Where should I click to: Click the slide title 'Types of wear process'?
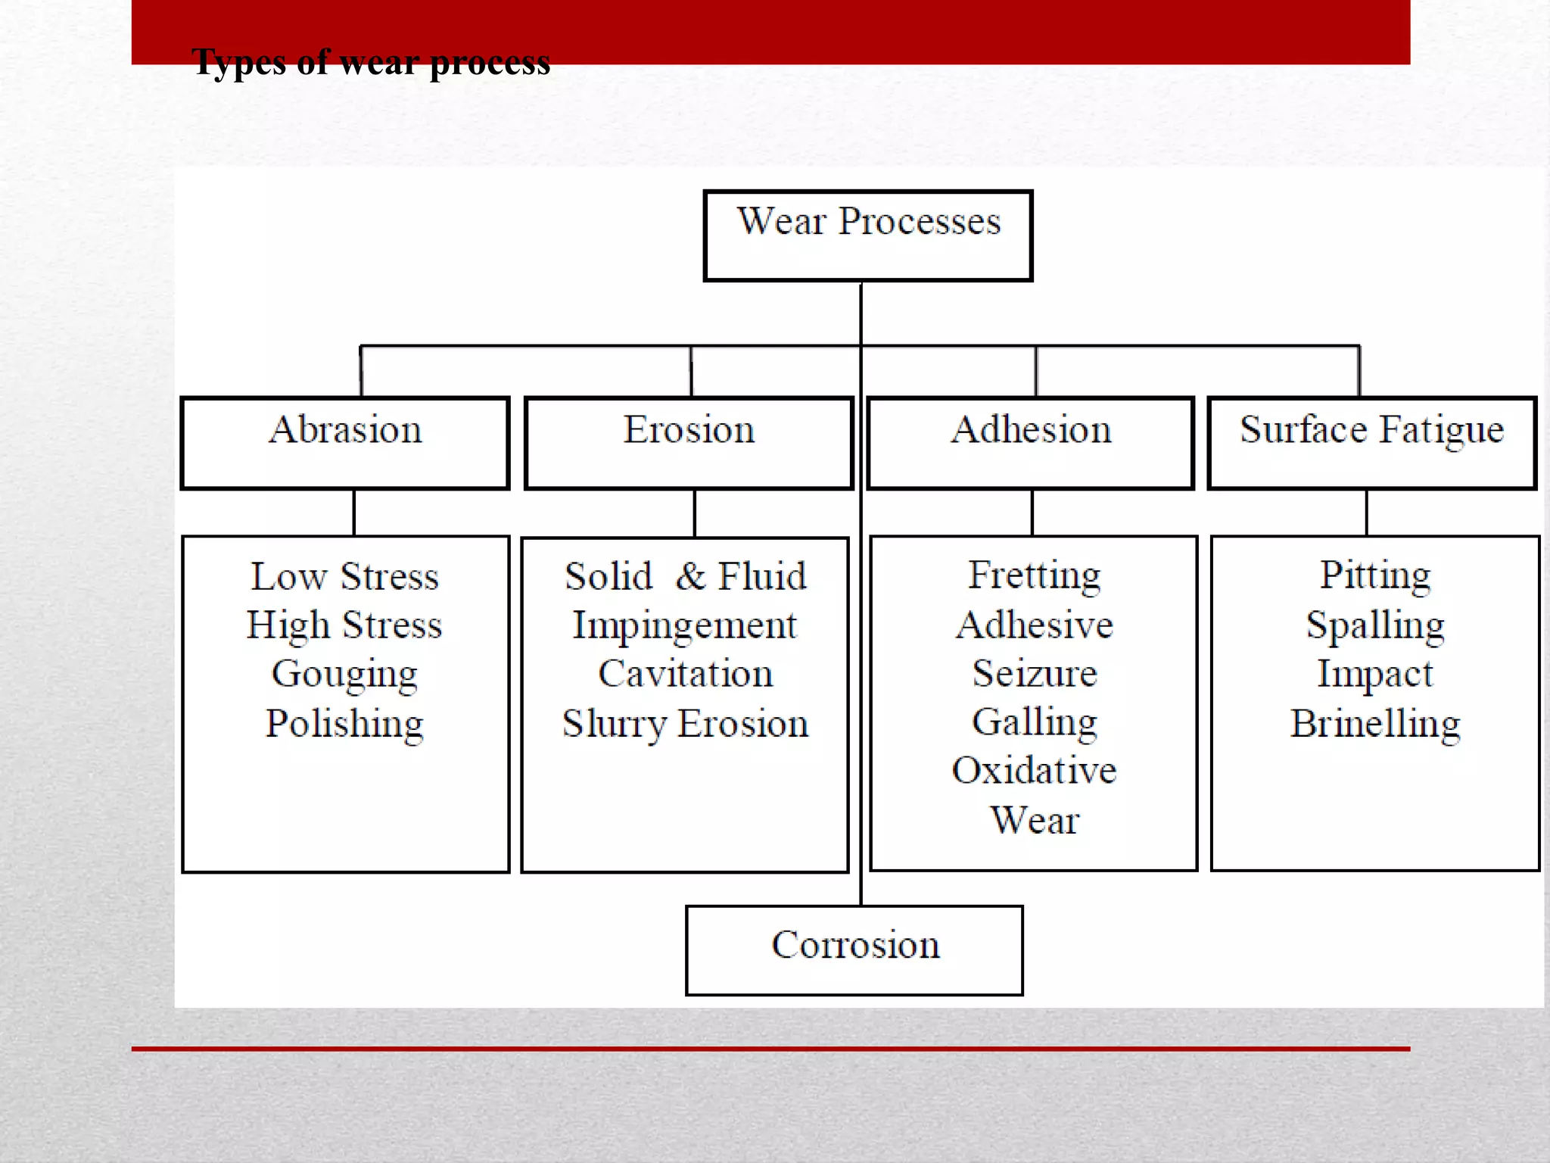pos(371,62)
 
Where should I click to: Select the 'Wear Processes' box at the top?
pos(868,235)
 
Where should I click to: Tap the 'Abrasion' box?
pos(345,443)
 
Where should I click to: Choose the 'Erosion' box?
pos(689,443)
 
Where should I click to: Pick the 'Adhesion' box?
pos(1031,443)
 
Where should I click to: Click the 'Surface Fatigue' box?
pos(1372,443)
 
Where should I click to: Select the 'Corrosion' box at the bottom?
pos(854,950)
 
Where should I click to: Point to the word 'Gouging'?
pos(344,675)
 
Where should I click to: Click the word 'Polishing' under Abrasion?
pos(344,724)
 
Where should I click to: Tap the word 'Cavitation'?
pos(686,674)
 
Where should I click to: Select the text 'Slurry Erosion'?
pos(686,724)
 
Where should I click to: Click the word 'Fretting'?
pos(1035,575)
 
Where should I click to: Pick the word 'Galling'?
pos(1035,722)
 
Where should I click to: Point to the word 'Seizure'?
pos(1035,673)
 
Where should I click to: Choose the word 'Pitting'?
pos(1375,575)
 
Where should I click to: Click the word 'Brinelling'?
pos(1375,724)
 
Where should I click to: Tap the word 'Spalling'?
pos(1375,626)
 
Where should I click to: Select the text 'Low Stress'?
pos(345,576)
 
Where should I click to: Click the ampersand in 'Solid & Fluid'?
pos(690,576)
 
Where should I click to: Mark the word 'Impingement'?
pos(685,626)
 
